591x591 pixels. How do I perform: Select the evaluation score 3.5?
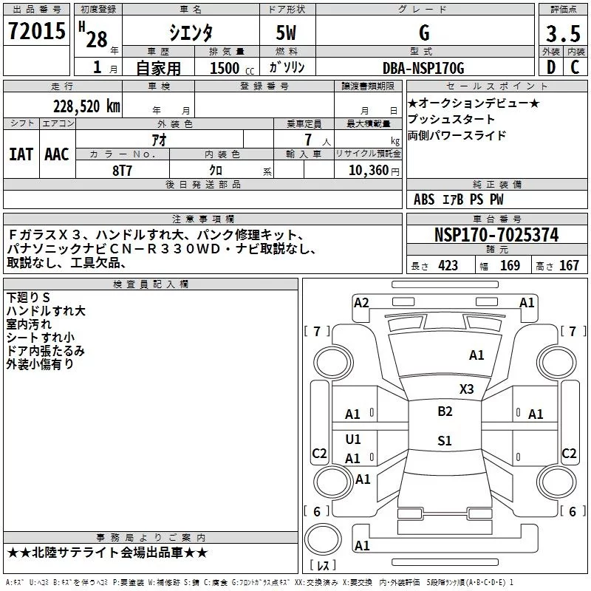560,34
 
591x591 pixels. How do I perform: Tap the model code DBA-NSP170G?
424,68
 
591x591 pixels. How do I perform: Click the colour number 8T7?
123,169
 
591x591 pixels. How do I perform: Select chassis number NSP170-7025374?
496,235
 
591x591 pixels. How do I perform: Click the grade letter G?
423,33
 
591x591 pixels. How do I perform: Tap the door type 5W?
287,34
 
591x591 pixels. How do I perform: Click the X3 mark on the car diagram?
467,389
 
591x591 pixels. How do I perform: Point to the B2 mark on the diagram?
445,411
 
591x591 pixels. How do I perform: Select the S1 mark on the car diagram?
444,441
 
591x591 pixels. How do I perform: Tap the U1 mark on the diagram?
353,440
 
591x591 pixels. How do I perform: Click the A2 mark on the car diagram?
361,302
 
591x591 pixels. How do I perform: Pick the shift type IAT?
21,154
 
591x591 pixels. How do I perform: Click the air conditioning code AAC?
56,154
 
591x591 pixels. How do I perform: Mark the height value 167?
569,266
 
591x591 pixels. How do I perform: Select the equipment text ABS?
424,199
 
